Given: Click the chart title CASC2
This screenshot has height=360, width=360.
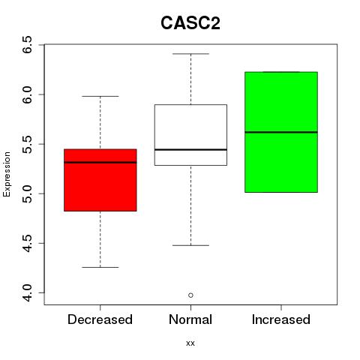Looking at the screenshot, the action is [x=190, y=23].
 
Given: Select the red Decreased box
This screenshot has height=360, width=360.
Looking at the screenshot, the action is [x=100, y=180].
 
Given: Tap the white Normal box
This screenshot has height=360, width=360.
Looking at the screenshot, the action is [x=190, y=135].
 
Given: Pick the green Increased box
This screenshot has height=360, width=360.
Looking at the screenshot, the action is [x=281, y=132].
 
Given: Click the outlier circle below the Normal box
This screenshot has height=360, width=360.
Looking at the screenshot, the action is [x=190, y=295].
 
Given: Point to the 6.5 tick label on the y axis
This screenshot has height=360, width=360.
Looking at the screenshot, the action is [x=27, y=44].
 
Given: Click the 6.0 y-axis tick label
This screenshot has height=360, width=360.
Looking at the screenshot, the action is [x=27, y=94].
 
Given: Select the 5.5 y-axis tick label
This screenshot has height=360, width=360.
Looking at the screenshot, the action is [x=27, y=144].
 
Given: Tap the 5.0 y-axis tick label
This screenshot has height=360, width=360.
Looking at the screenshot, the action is [x=27, y=193].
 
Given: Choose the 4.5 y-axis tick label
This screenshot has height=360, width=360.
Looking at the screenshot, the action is [x=27, y=243].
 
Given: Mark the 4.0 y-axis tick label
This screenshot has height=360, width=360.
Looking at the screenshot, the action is [x=27, y=292].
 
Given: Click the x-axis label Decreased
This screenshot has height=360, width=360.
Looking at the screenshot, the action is [x=100, y=319].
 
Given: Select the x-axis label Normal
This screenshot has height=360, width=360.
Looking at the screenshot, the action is [x=190, y=319].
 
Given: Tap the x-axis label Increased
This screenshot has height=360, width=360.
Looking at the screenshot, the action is [x=281, y=319].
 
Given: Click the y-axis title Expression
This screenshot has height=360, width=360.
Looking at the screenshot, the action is [x=7, y=174].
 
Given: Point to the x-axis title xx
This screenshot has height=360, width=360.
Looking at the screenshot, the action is [x=190, y=343].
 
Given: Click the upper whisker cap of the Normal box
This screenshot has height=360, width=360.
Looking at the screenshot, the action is [x=190, y=54].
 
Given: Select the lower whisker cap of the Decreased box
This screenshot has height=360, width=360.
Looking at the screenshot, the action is [x=100, y=267].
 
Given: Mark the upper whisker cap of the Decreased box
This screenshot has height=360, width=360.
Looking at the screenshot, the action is [x=100, y=96].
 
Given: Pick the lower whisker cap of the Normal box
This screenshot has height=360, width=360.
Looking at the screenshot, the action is [x=190, y=245].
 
